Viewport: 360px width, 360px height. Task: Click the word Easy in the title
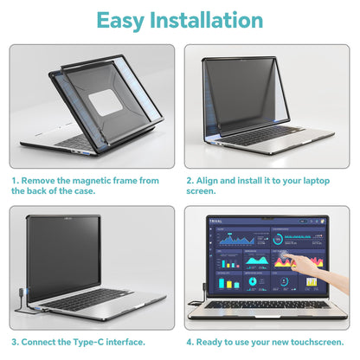pos(120,20)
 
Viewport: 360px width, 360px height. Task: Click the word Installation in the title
pos(207,20)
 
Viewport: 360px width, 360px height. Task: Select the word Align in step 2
pos(207,181)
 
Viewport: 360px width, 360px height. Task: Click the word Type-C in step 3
pos(88,343)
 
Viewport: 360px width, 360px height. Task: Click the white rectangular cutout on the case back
pos(106,102)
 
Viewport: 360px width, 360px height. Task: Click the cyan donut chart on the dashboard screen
pos(253,281)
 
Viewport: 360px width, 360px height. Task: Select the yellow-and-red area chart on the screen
pos(299,261)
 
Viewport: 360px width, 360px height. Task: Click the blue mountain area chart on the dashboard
pos(236,239)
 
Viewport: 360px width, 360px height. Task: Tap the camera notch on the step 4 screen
pos(267,218)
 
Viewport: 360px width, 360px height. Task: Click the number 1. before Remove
pos(16,181)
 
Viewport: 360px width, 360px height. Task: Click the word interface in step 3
pos(125,342)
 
